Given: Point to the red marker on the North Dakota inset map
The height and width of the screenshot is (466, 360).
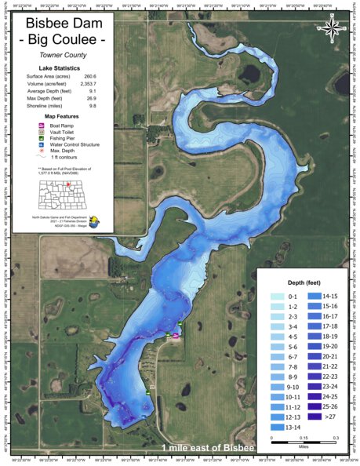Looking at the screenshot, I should (x=69, y=187).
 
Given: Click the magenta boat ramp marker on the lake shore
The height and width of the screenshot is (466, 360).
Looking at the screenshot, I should (x=175, y=335).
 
